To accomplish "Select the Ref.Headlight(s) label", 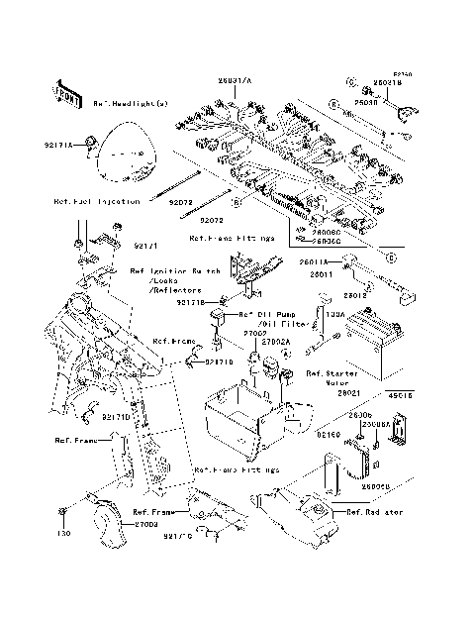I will [132, 103].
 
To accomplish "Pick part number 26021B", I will [388, 83].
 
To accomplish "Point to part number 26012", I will [355, 294].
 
